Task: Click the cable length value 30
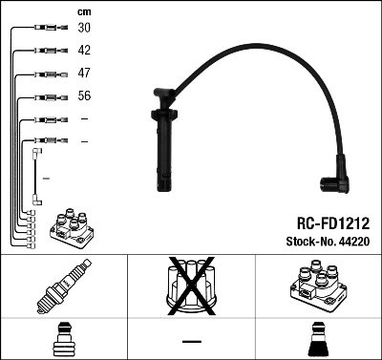click(x=85, y=30)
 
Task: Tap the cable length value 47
click(x=85, y=74)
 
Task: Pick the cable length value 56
click(x=85, y=96)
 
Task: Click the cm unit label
click(x=84, y=11)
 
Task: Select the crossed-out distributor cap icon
click(x=191, y=288)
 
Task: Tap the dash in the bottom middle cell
click(x=191, y=341)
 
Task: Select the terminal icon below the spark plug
click(x=63, y=340)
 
